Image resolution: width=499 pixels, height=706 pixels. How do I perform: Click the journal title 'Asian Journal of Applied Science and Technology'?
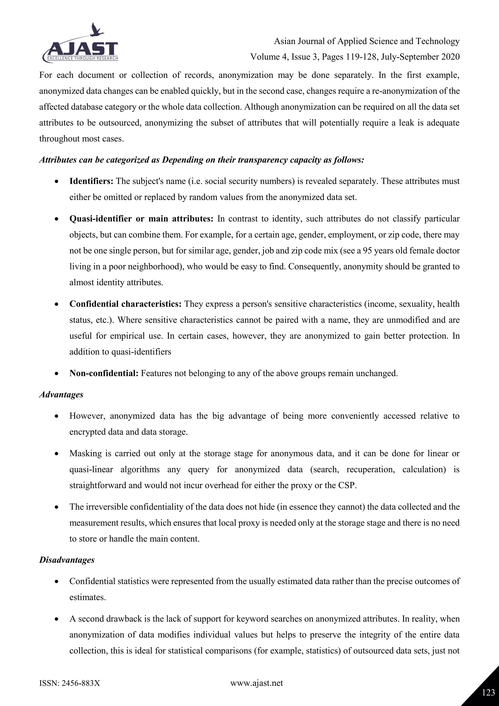tap(366, 41)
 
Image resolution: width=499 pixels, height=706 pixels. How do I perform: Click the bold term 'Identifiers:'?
tap(91, 181)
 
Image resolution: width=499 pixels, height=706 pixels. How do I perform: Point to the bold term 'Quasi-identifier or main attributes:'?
tap(141, 219)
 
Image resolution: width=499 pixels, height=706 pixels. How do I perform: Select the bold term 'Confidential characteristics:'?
tap(125, 304)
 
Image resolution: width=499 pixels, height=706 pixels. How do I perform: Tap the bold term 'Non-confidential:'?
tap(104, 373)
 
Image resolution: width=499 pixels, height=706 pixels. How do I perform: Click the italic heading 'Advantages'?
tap(61, 394)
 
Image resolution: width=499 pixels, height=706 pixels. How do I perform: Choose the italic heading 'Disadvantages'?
tap(67, 560)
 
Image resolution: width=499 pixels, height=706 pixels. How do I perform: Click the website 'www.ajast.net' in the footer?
tap(257, 683)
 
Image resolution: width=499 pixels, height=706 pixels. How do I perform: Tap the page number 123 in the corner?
tap(488, 693)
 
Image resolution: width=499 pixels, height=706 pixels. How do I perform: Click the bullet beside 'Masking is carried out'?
tap(56, 454)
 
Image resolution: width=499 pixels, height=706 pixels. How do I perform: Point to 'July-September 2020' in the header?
tap(420, 57)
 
